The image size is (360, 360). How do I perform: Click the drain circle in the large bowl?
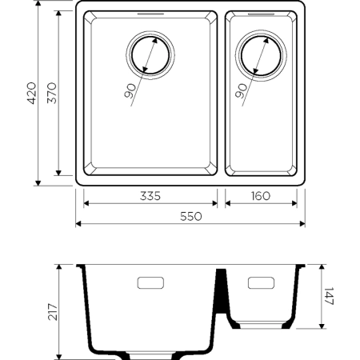[x=150, y=54]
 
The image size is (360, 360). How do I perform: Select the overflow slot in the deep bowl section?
[x=151, y=282]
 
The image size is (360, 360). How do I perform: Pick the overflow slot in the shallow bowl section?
[x=261, y=282]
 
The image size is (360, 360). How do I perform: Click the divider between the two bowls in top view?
[x=222, y=94]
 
